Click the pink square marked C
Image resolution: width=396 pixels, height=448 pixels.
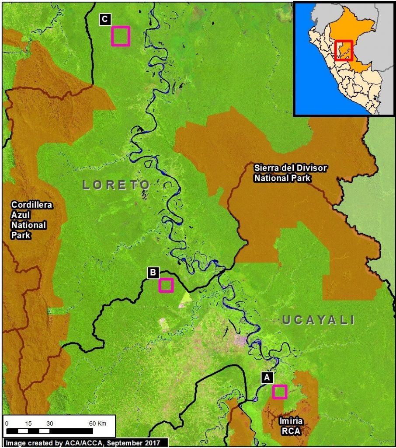click(121, 36)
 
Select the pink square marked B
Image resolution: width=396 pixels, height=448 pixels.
click(166, 285)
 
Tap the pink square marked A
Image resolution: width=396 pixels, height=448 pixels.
click(279, 392)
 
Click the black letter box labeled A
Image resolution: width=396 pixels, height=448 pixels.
click(267, 377)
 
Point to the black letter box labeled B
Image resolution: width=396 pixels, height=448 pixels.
click(153, 272)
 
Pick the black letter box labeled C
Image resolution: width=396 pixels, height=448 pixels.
click(105, 19)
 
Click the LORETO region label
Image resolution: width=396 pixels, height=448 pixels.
click(116, 185)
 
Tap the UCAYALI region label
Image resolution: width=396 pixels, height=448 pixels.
click(318, 320)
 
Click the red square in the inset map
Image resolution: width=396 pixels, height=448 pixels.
click(343, 50)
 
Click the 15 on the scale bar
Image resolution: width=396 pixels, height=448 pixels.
click(28, 423)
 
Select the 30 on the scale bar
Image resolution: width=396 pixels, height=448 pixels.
click(49, 423)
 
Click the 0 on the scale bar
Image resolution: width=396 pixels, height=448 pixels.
click(7, 423)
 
